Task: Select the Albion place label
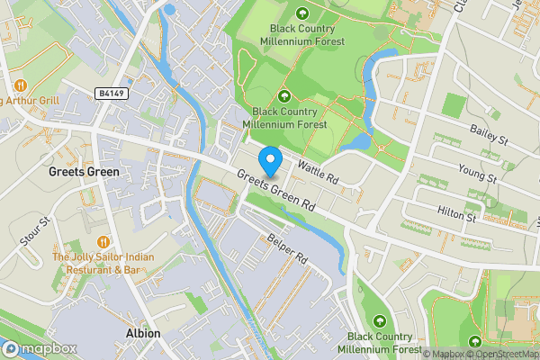143,333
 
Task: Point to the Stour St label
33,231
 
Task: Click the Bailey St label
489,136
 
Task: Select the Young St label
477,172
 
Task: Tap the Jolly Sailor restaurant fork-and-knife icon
104,241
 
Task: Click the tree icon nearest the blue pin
285,96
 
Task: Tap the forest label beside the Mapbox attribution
378,342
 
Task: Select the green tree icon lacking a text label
475,341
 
